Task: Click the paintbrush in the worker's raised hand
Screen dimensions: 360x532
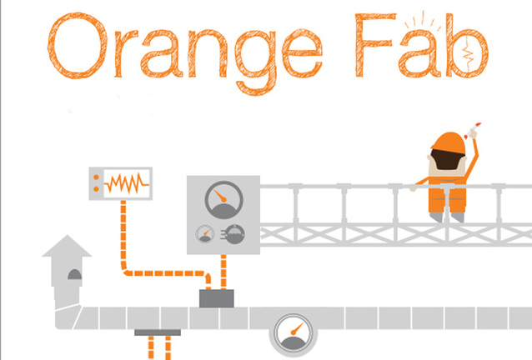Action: tap(477, 127)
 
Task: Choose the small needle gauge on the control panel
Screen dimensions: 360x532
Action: tap(203, 234)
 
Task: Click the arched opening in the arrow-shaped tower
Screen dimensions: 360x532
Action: tap(73, 276)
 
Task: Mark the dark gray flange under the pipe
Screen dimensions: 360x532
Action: tap(158, 332)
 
